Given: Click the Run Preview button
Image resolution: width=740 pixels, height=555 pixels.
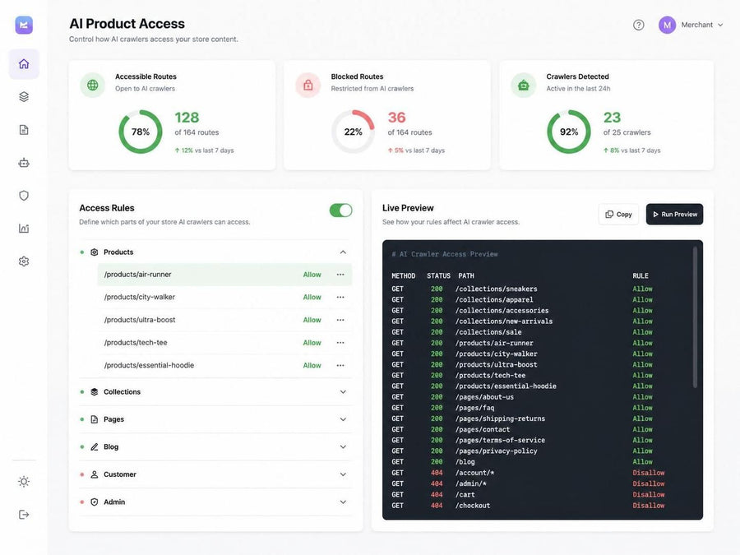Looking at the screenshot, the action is [x=674, y=215].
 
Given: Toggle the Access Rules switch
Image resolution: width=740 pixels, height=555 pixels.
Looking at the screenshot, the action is [x=340, y=210].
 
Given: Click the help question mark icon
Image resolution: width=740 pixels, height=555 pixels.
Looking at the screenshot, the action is [x=639, y=25].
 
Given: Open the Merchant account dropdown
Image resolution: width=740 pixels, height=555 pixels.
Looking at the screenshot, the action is [x=691, y=25].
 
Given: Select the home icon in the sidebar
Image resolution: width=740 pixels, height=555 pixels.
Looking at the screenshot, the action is [x=24, y=63].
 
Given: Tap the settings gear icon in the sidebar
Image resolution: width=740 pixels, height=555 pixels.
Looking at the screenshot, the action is [x=24, y=261].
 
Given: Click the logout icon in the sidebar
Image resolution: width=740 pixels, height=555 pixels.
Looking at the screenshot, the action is [x=24, y=515].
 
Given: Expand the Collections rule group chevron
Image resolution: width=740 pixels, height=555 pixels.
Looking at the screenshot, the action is [x=343, y=391].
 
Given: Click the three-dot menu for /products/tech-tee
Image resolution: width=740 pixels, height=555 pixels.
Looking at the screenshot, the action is [x=340, y=343].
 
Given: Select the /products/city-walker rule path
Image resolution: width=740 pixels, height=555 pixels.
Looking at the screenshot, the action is [x=140, y=298].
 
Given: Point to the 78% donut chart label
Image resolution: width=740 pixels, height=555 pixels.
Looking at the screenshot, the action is [x=141, y=132].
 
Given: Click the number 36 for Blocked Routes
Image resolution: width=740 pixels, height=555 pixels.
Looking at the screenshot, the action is [x=397, y=118].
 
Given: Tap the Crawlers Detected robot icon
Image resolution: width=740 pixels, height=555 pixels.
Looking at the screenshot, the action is [x=524, y=86].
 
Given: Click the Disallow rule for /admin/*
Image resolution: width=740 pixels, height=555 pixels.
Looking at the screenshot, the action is [x=649, y=483].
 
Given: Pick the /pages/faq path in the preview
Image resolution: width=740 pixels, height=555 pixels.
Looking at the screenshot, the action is [x=474, y=408].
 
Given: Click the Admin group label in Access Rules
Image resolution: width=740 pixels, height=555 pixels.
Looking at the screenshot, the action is [x=114, y=502].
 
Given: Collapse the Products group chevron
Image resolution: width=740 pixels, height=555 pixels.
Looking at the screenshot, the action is [x=343, y=252].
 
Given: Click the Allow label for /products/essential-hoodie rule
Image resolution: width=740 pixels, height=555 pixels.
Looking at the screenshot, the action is [x=312, y=365].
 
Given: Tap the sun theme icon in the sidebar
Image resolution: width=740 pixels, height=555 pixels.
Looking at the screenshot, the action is [x=24, y=481].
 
